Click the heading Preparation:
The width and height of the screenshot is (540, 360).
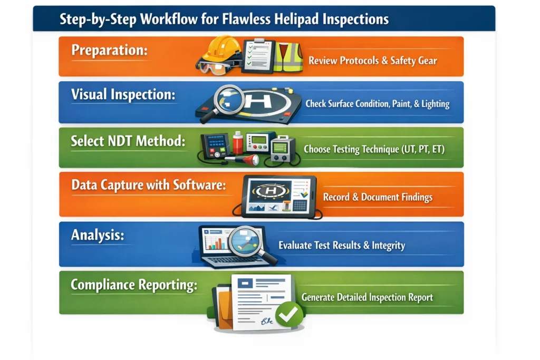click(109, 51)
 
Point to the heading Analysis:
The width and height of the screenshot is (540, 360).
click(98, 235)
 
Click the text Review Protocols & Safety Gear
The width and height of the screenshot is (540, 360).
click(372, 61)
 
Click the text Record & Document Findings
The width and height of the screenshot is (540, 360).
click(377, 197)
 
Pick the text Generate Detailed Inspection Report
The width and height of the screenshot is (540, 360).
click(367, 297)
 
